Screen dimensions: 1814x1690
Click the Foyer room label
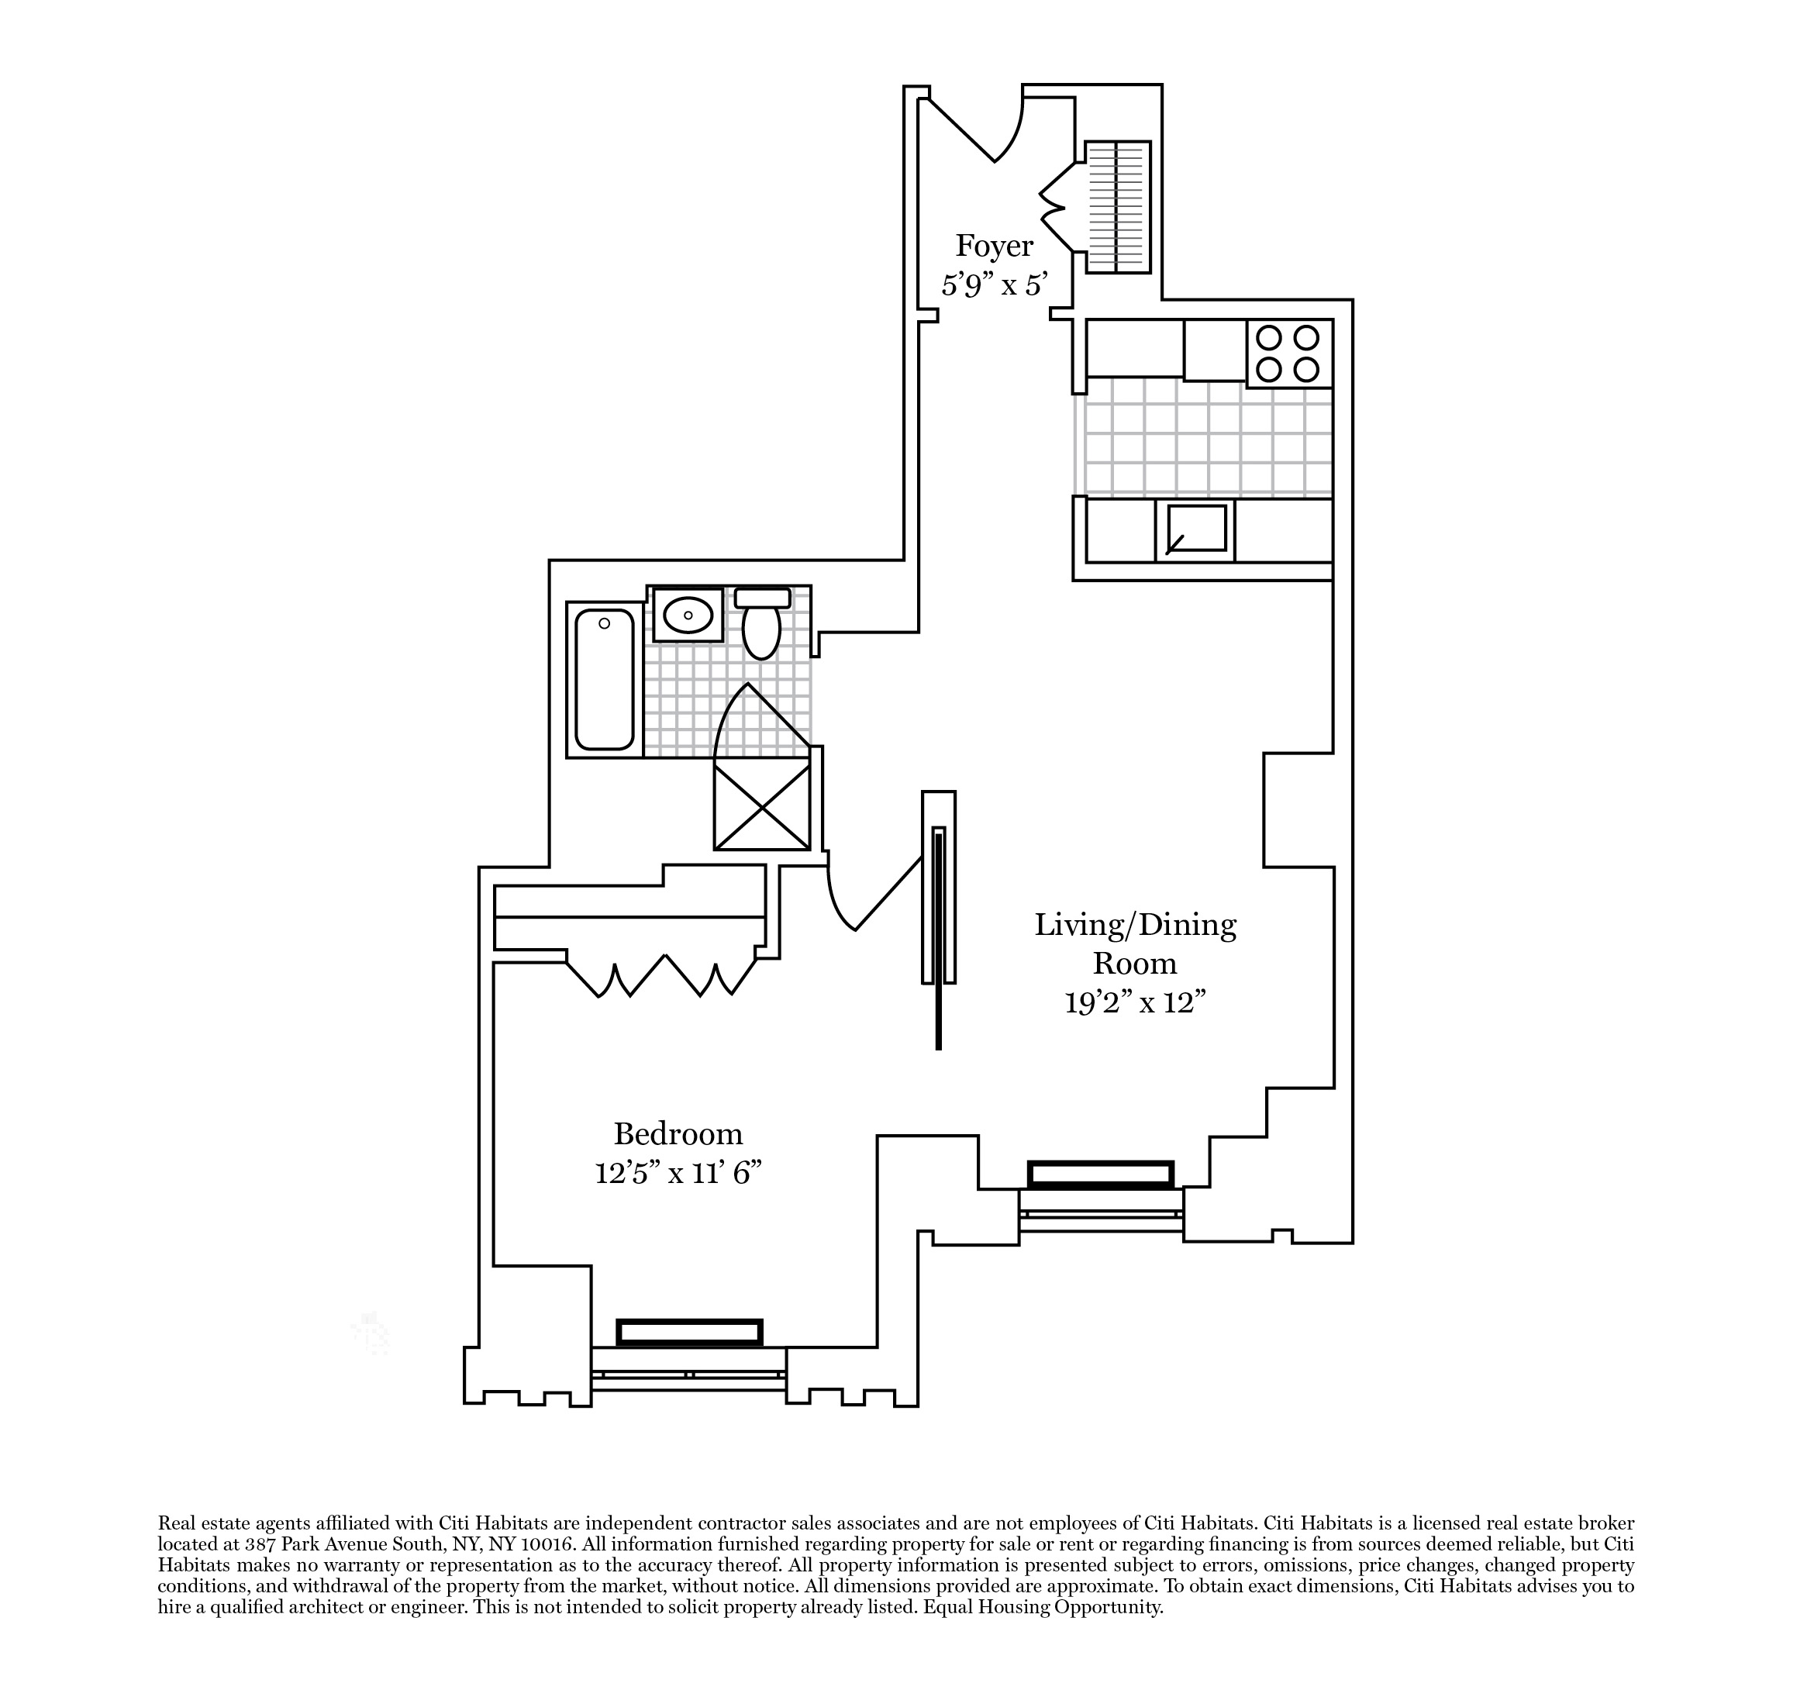point(994,247)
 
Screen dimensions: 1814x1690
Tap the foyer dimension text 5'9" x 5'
point(994,285)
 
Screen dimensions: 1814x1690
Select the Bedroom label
point(678,1134)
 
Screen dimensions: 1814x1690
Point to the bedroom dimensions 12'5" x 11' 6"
point(678,1174)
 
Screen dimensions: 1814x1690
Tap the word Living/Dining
point(1135,926)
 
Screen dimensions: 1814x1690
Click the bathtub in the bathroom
point(604,679)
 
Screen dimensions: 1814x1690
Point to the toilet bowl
point(761,630)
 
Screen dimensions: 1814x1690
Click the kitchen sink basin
point(1195,529)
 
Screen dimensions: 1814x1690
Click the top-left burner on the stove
point(1267,339)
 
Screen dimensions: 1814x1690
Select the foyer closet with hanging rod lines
point(1118,207)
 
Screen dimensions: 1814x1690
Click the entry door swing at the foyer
point(981,133)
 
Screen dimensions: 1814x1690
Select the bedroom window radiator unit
point(689,1333)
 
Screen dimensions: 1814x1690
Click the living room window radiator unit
point(1101,1174)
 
